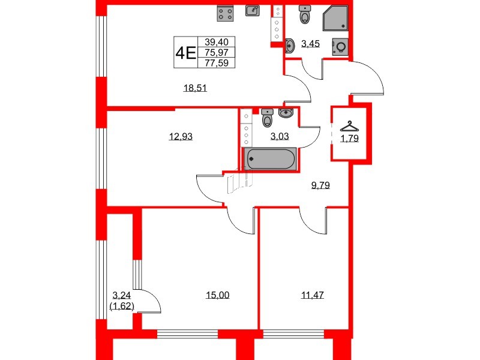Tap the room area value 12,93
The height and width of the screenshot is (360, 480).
pyautogui.click(x=181, y=136)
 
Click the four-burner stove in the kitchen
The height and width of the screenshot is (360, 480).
pyautogui.click(x=225, y=13)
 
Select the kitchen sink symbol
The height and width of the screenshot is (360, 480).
pyautogui.click(x=253, y=11)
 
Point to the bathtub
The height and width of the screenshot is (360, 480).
pyautogui.click(x=269, y=159)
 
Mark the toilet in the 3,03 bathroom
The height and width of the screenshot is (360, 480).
pyautogui.click(x=267, y=119)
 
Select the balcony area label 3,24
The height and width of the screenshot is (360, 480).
pyautogui.click(x=122, y=295)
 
